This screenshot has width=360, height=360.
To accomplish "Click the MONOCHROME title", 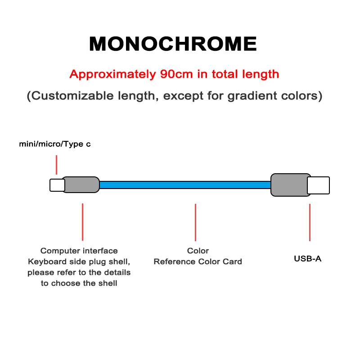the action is pos(173,44).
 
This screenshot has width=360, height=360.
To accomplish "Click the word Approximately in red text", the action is pos(112,74).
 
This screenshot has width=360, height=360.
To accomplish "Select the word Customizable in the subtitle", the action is pos(72,96).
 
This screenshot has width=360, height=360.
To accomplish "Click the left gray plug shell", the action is pos(81,185).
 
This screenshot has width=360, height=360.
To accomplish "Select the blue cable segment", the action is pos(184,185).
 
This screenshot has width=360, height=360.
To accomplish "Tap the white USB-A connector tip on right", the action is pos(318,185).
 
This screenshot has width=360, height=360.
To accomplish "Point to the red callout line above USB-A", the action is pos(310,222).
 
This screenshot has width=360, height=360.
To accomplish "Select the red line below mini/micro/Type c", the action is pos(56,165).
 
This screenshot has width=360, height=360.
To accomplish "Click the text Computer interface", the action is pos(79,251).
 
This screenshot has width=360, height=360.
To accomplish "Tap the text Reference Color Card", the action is pos(198,261).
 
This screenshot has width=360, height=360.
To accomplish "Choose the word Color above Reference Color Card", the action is pos(198,251).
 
